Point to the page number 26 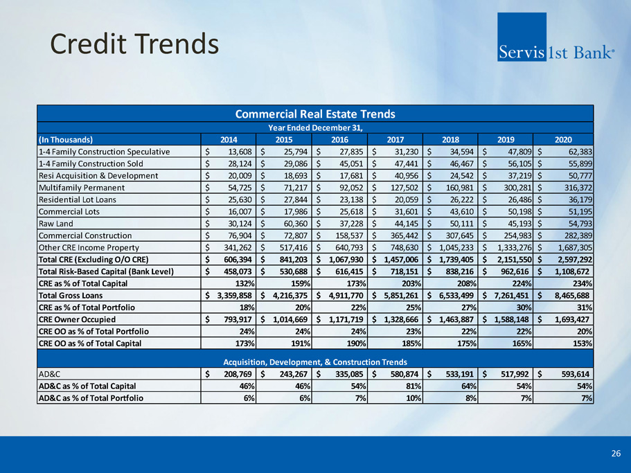pyautogui.click(x=616, y=454)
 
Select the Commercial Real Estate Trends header pyautogui.click(x=315, y=114)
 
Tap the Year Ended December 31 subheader pyautogui.click(x=315, y=127)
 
